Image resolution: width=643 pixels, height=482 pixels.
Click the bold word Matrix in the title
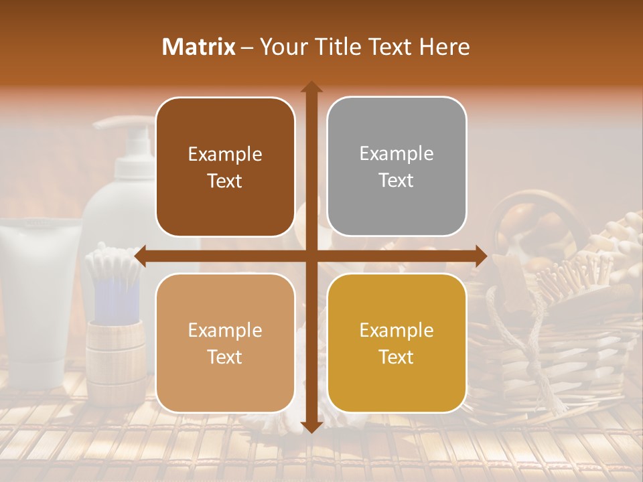[x=198, y=47]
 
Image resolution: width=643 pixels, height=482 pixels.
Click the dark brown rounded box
[x=225, y=167]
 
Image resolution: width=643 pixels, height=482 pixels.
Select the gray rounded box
[x=397, y=167]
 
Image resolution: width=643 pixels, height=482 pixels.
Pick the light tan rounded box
[x=225, y=343]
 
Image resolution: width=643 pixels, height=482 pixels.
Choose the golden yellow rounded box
[x=397, y=343]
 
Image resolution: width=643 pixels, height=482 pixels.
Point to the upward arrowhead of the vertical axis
[x=311, y=87]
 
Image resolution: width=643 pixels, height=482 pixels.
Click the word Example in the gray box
[x=397, y=154]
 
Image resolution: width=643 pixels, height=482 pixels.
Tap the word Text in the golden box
[x=397, y=357]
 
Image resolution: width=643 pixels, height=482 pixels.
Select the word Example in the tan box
[x=225, y=330]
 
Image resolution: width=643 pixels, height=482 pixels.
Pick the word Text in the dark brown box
[x=225, y=181]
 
